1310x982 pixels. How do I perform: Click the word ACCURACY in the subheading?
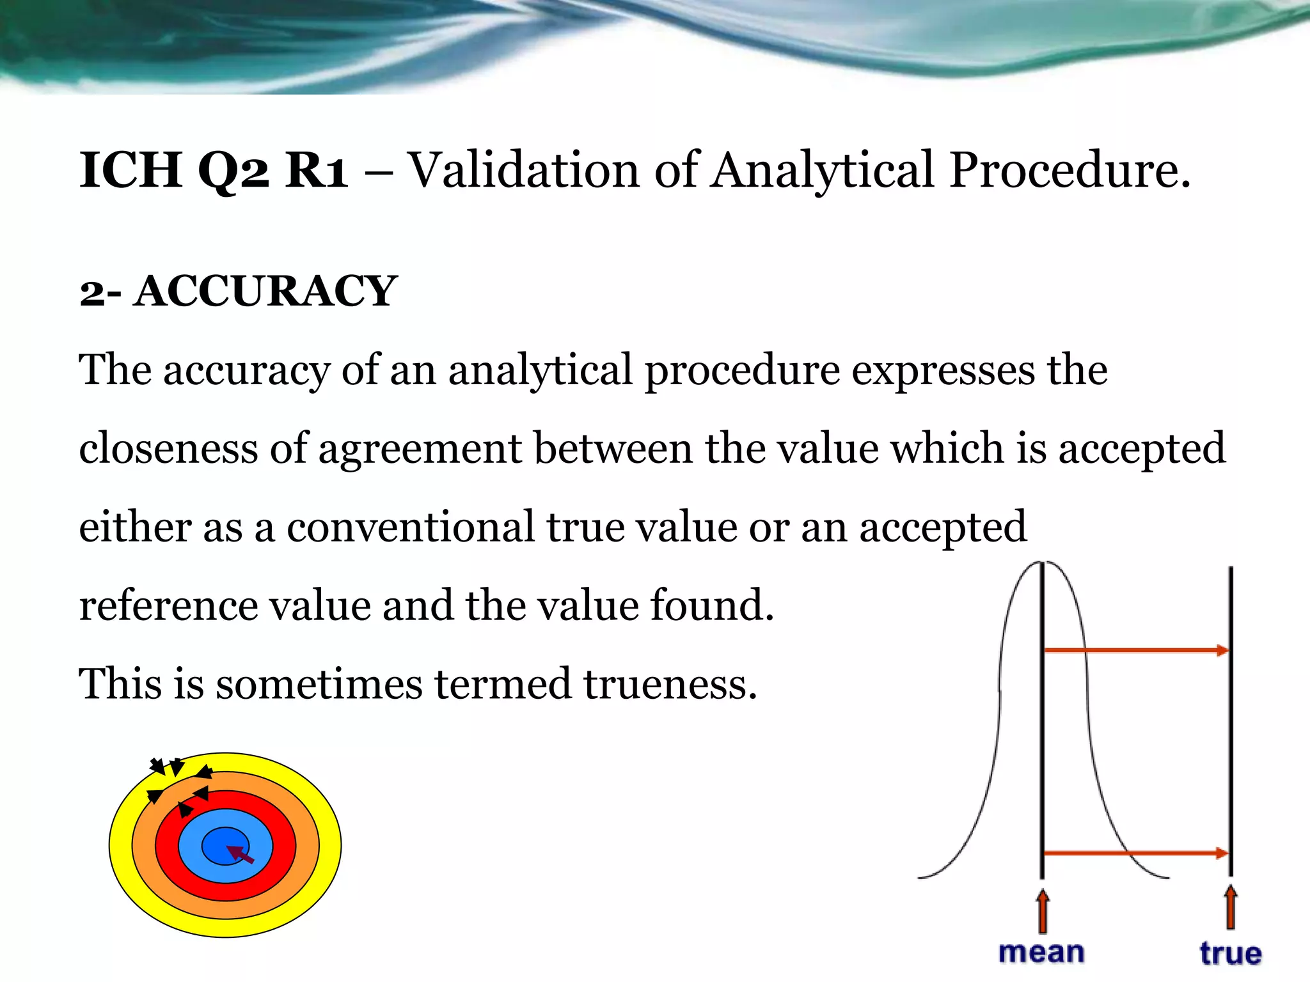[x=265, y=292]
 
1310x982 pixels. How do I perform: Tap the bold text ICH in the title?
[x=130, y=170]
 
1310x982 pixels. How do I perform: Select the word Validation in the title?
[x=523, y=170]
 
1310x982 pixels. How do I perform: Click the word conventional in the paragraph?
[x=410, y=527]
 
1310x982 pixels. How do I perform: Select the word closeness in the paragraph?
[x=168, y=448]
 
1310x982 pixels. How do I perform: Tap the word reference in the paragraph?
[x=168, y=605]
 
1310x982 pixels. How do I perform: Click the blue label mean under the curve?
[x=1041, y=953]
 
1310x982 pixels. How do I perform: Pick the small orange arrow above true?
[x=1231, y=907]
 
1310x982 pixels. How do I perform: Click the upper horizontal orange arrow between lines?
[x=1136, y=651]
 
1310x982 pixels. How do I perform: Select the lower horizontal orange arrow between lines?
[x=1136, y=853]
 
